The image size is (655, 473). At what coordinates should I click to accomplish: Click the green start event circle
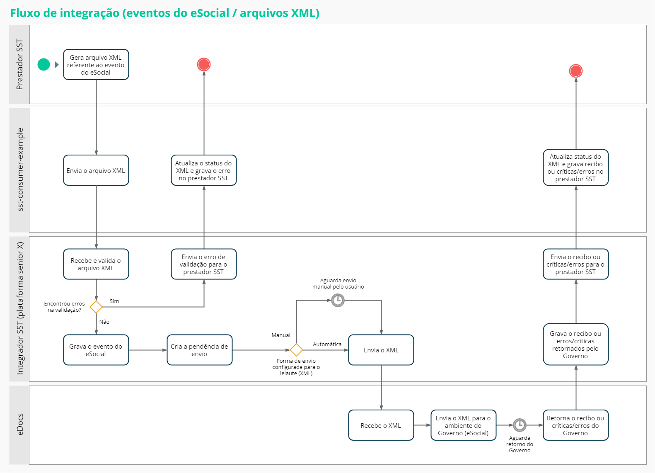(x=44, y=64)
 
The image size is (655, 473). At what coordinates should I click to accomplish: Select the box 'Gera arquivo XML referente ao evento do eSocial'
(x=96, y=65)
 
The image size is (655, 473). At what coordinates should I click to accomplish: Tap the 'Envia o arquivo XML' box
(x=96, y=170)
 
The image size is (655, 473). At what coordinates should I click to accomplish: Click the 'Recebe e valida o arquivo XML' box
(x=96, y=264)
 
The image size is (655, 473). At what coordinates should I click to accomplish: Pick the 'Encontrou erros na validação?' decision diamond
(x=96, y=307)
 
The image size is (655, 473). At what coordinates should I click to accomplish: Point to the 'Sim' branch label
(x=114, y=301)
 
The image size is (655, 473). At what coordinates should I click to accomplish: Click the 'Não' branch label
(x=104, y=322)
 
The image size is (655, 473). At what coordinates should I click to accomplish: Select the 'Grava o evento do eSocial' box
(x=96, y=350)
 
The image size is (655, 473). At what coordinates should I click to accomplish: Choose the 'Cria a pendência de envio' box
(x=199, y=350)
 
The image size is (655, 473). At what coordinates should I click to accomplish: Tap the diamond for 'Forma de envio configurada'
(x=296, y=350)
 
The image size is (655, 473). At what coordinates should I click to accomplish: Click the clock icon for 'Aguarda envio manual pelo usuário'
(x=338, y=300)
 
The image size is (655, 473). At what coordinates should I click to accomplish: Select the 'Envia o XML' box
(x=381, y=350)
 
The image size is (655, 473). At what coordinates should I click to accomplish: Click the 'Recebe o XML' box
(x=381, y=425)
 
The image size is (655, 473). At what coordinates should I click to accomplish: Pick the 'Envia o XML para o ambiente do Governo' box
(x=463, y=425)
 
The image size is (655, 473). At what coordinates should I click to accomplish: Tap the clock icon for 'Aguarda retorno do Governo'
(x=520, y=425)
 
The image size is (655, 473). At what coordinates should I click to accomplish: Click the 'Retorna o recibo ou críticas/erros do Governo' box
(x=575, y=425)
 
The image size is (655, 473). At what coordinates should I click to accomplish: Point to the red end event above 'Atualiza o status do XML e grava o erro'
(x=203, y=64)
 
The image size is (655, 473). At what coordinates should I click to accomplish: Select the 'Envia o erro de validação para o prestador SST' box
(x=203, y=264)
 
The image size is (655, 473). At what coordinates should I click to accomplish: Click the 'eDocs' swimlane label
(x=20, y=425)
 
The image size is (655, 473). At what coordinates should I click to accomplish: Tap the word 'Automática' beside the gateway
(x=327, y=344)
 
